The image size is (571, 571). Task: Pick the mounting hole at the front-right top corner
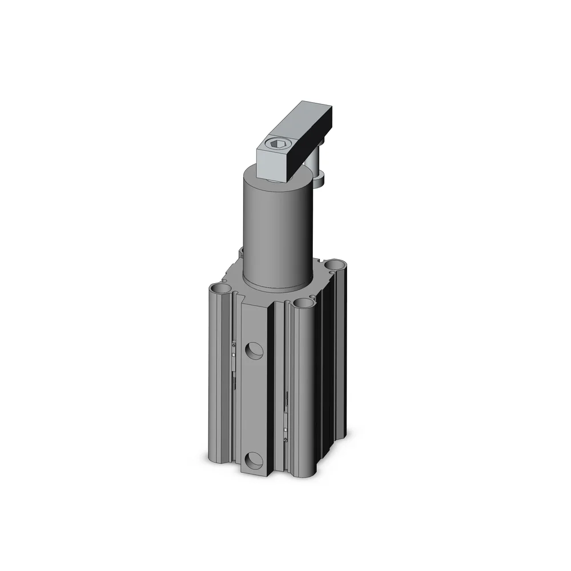[303, 303]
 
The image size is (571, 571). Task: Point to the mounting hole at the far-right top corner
[334, 264]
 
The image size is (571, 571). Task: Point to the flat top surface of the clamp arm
[297, 126]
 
